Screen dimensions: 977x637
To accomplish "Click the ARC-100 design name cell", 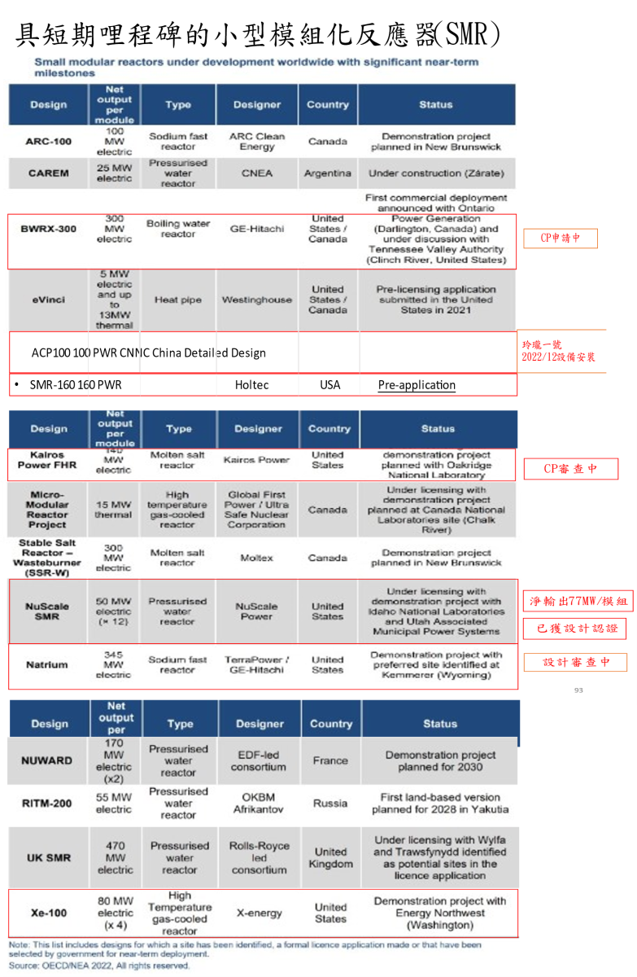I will [49, 142].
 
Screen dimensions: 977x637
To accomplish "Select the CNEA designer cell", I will [257, 173].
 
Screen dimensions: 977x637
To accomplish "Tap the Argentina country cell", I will [328, 173].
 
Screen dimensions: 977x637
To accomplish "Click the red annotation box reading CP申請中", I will [561, 238].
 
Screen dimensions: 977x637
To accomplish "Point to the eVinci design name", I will [49, 300].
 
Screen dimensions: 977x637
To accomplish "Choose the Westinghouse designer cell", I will [257, 300].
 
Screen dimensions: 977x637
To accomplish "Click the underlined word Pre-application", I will [417, 385].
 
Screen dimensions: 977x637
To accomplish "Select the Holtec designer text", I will [251, 385].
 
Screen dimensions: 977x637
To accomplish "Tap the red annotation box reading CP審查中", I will [570, 469].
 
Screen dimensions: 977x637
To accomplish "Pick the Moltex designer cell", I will [257, 559].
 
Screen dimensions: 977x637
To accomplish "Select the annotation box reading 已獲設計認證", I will [577, 629].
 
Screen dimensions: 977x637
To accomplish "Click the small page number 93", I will [578, 690].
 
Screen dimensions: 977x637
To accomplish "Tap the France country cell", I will [330, 760].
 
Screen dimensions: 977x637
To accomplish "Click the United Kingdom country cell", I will [330, 857].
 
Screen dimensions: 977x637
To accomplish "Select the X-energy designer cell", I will [259, 913].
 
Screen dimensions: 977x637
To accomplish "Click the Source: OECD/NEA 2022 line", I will [100, 966].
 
